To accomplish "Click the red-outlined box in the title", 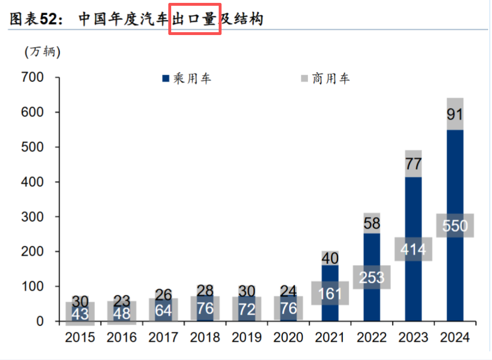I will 194,19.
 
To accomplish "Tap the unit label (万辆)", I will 43,52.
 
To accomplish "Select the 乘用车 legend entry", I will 187,79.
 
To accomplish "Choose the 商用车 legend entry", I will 326,79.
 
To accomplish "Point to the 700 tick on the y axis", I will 33,77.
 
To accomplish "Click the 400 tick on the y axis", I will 33,182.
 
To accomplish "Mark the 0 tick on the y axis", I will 40,321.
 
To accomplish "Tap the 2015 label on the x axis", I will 80,337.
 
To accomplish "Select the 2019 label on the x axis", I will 246,337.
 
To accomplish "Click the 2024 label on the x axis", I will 455,337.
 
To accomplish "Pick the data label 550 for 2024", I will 455,225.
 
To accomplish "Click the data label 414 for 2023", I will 413,250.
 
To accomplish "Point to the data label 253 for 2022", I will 371,277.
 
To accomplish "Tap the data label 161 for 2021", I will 329,293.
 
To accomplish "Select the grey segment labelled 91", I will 455,114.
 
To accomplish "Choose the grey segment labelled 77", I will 413,164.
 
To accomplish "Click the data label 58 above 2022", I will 371,223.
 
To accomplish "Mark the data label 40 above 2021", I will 329,259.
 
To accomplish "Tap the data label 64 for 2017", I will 163,310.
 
